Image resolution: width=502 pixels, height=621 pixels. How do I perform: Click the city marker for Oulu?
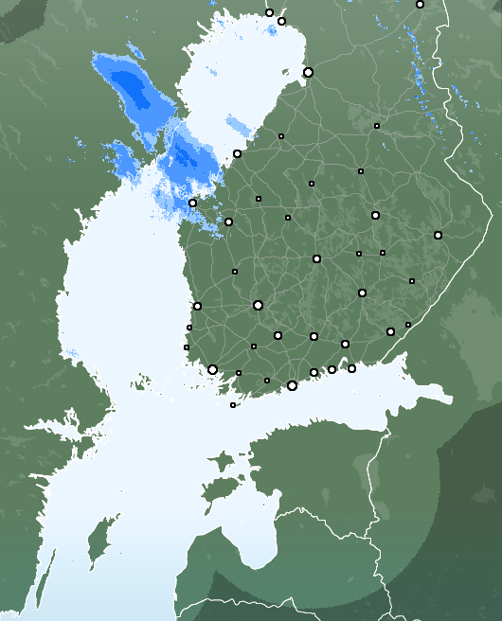[x=308, y=72]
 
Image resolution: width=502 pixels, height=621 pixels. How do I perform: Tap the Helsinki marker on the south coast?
[x=292, y=385]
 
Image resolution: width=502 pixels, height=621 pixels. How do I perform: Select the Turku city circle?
[x=212, y=369]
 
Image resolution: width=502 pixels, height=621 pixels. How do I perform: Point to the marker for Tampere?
[x=258, y=305]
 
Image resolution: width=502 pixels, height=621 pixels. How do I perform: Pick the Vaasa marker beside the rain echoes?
[x=192, y=203]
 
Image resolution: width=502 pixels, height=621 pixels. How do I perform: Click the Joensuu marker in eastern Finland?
[x=438, y=235]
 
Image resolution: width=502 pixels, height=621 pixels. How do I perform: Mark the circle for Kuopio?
[x=375, y=216]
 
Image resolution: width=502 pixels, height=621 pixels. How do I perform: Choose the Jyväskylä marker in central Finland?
[x=316, y=258]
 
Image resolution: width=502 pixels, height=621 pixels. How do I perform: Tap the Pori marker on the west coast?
[x=197, y=306]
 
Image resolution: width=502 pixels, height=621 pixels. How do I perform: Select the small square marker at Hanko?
[x=233, y=405]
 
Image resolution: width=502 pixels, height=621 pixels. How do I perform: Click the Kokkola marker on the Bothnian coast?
[x=237, y=153]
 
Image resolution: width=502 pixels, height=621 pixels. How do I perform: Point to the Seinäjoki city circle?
[x=228, y=222]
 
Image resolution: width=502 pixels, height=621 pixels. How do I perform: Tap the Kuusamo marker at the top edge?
[x=420, y=5]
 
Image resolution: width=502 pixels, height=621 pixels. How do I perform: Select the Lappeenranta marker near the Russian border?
[x=390, y=331]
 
